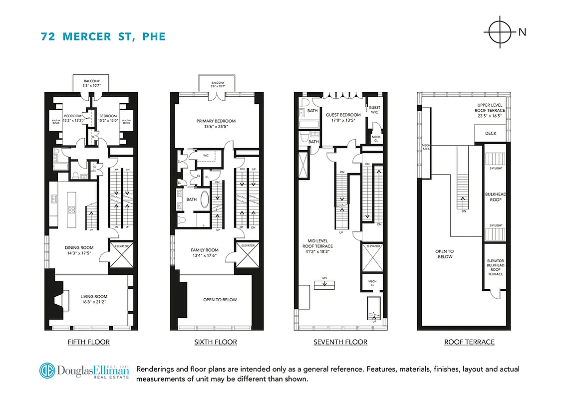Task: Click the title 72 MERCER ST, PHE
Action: (x=103, y=36)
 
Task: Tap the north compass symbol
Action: (x=500, y=32)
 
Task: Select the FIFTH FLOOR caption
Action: (x=88, y=342)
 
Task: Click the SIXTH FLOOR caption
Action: (x=215, y=342)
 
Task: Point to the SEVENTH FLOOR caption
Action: (x=340, y=342)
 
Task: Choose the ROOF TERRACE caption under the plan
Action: (x=469, y=342)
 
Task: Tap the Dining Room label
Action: (x=79, y=250)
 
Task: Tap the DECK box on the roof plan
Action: (x=491, y=134)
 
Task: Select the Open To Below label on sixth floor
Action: (x=220, y=300)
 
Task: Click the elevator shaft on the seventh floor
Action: (x=373, y=257)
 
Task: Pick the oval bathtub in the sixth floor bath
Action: (x=205, y=199)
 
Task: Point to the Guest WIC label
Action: (x=374, y=110)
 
